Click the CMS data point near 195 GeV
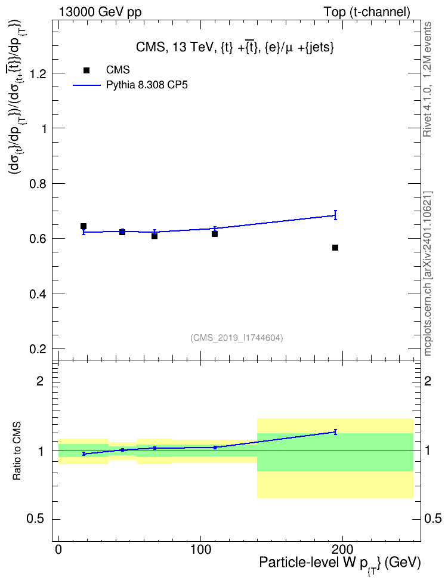(x=335, y=248)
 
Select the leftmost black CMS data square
(x=84, y=226)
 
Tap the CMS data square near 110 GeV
(x=215, y=234)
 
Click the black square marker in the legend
(x=86, y=70)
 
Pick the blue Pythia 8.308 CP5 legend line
(x=86, y=85)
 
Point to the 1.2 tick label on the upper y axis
(x=38, y=73)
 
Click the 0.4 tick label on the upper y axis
(x=38, y=294)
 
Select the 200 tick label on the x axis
(x=342, y=550)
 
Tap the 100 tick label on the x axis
(x=200, y=550)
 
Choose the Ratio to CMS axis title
(x=17, y=451)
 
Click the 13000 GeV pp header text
(x=100, y=12)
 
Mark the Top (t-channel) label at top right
(x=367, y=12)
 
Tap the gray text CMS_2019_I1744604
(x=237, y=338)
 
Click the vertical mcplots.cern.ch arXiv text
(x=428, y=273)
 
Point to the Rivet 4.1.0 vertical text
(x=427, y=79)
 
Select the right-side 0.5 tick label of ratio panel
(x=433, y=519)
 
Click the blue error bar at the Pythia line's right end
(x=335, y=215)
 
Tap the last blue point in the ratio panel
(x=335, y=432)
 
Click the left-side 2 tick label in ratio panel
(x=40, y=381)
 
